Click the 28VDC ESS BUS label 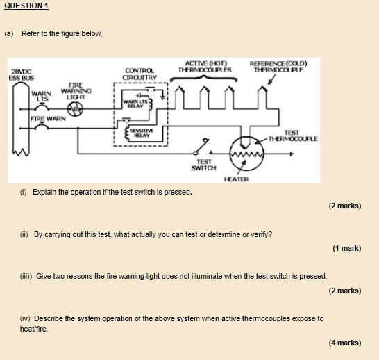point(21,74)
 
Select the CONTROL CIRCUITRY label point(140,74)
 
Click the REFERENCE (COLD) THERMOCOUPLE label point(278,67)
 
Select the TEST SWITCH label point(203,165)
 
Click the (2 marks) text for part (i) point(344,206)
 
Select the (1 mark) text point(346,248)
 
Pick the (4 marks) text point(344,342)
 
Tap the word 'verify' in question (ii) point(261,234)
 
